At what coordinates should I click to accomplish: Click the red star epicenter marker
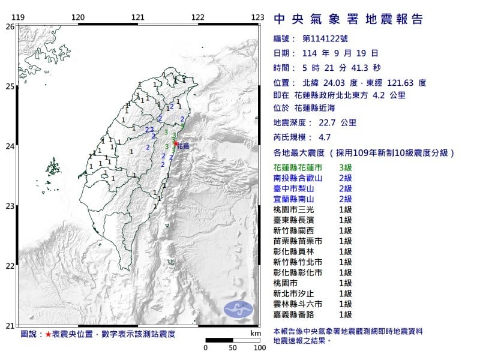[175, 143]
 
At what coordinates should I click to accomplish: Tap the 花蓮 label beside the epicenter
[183, 146]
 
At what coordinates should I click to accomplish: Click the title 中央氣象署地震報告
[348, 19]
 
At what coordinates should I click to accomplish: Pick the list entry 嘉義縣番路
[294, 314]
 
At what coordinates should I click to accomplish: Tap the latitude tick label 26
[9, 26]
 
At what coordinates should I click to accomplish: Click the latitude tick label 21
[9, 326]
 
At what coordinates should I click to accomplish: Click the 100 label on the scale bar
[259, 347]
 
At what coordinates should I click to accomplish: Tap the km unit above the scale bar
[256, 332]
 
